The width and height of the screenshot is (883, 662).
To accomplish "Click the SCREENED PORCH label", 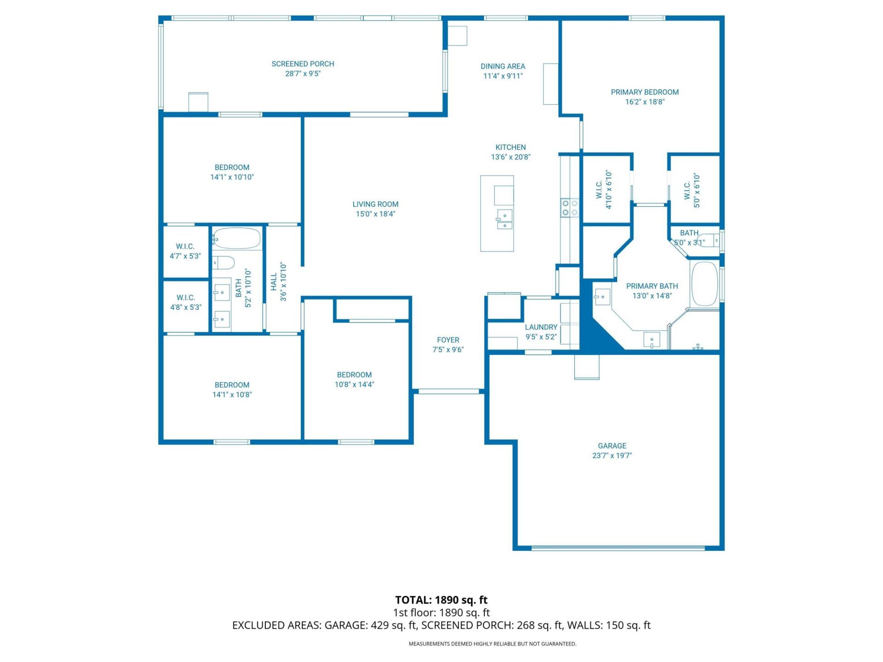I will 303,64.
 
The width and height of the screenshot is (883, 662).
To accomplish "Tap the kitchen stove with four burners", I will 569,207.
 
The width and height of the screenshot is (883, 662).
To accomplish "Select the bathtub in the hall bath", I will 236,239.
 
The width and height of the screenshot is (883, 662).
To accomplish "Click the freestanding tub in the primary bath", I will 705,284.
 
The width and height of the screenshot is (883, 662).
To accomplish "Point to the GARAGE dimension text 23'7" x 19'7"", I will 612,456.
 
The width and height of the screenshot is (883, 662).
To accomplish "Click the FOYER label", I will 448,340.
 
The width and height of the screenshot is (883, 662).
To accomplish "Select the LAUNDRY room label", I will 541,327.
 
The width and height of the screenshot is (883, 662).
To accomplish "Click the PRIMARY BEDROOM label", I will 644,92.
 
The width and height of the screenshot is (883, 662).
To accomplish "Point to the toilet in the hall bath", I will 224,263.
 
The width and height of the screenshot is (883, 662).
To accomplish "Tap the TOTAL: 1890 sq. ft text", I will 441,599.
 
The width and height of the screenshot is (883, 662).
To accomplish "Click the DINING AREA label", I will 503,66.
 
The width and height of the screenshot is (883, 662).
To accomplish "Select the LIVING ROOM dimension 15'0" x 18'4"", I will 375,214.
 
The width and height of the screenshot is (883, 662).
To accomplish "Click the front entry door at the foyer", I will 448,391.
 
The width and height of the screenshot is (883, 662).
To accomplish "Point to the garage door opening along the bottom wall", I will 618,548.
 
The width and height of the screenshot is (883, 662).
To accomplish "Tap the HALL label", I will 274,282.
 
